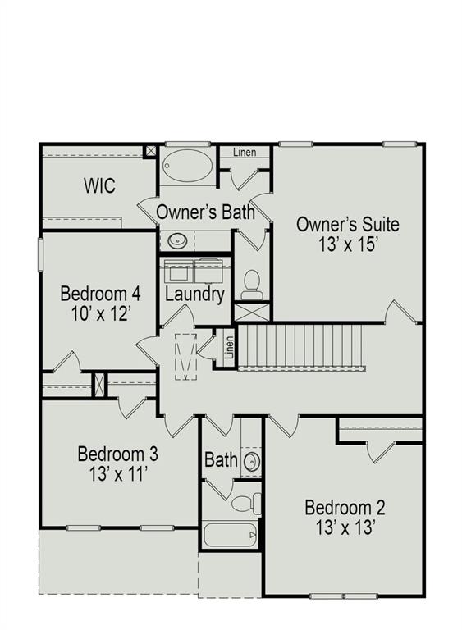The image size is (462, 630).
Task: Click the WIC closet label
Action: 99,185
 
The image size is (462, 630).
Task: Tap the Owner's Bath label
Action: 204,212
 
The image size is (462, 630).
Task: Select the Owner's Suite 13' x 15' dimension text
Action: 347,244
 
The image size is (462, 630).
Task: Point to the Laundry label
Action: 194,294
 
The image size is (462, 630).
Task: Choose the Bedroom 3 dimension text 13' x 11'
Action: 117,473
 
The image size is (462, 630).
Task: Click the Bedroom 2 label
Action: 345,506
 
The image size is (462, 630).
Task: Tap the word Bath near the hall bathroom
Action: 220,459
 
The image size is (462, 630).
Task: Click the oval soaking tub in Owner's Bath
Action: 186,164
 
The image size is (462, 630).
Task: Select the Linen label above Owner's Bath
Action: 245,153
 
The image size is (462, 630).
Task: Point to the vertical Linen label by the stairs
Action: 230,346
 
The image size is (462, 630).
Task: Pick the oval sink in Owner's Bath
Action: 177,241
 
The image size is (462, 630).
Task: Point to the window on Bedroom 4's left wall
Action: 40,253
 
